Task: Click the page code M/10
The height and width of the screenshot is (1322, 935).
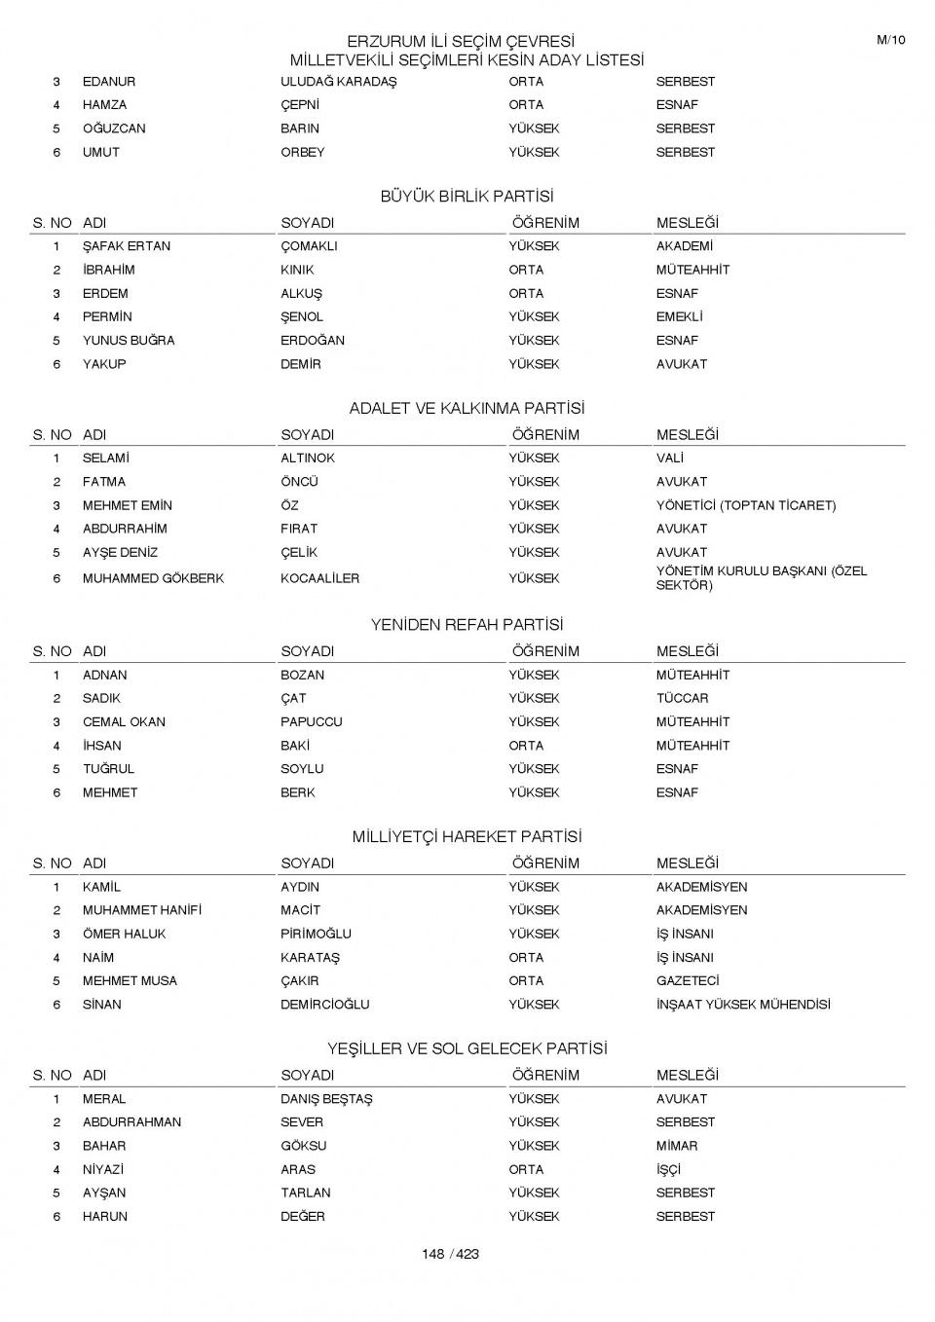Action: tap(890, 40)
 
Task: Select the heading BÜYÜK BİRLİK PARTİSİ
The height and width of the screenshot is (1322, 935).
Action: tap(467, 197)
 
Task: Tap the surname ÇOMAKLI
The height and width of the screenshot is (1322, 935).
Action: tap(309, 246)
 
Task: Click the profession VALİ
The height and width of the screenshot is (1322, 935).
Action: tap(669, 459)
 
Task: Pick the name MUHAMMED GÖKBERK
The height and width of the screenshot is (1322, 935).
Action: tap(153, 578)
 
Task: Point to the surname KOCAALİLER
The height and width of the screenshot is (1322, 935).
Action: tap(319, 578)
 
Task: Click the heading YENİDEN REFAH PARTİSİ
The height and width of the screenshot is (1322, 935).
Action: tap(467, 625)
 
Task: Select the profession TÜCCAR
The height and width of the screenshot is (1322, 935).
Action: tap(682, 698)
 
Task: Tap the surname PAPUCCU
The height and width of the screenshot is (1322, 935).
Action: tap(311, 722)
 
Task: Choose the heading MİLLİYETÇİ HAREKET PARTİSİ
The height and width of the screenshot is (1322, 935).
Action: tap(467, 837)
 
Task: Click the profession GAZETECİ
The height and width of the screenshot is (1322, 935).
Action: tap(688, 981)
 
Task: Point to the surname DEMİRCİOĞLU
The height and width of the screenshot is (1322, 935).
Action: tap(324, 1005)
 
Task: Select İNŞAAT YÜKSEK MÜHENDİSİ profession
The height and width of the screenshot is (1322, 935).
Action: tap(743, 1005)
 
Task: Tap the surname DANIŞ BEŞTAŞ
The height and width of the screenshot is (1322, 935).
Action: tap(326, 1099)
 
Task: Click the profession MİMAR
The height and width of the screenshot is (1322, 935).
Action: tap(676, 1146)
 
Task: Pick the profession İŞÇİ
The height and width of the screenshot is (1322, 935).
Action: tap(668, 1169)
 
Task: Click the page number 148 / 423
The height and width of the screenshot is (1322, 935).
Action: tap(450, 1254)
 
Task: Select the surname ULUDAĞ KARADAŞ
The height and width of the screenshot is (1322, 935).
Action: tap(338, 82)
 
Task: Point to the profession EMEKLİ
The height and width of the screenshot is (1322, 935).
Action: tap(679, 317)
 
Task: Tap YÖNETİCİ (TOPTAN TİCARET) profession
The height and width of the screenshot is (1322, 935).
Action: tap(745, 505)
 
